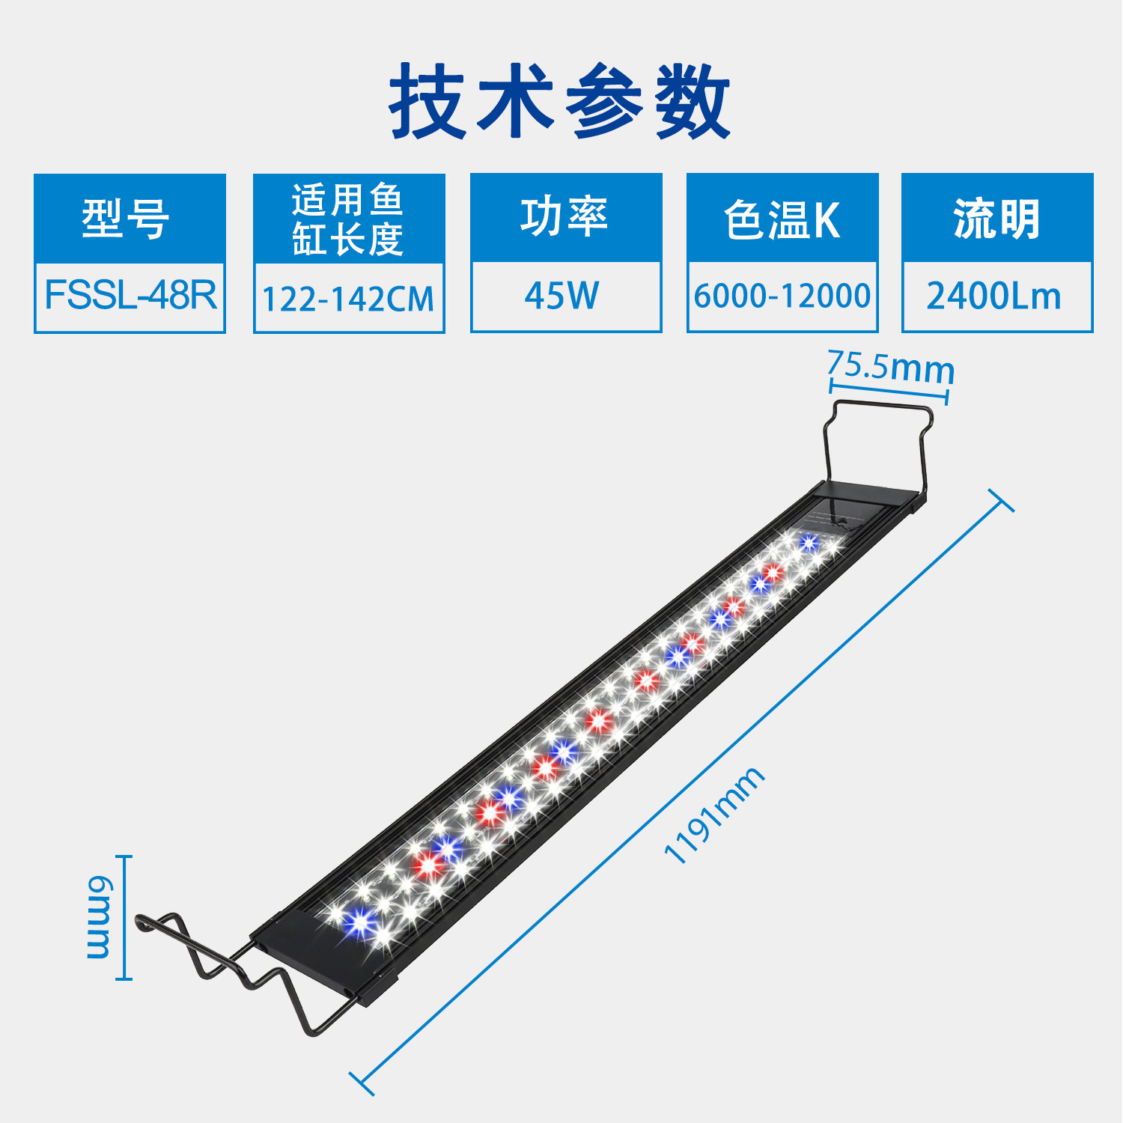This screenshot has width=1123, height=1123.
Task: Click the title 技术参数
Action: point(560,101)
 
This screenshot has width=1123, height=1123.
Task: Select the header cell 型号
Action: point(129,219)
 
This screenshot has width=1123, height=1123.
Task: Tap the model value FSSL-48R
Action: point(130,295)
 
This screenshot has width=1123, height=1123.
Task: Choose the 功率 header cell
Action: point(565,217)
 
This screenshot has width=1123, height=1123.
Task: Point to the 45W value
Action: point(562,296)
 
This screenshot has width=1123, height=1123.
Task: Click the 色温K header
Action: point(782,220)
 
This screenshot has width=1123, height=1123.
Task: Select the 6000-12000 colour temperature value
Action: point(782,296)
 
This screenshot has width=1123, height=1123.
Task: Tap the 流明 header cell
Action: point(996,219)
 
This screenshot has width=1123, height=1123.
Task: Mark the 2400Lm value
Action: point(994,296)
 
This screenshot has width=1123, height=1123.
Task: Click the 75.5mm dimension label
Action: point(891,367)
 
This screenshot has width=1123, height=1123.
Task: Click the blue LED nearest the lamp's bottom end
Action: point(361,920)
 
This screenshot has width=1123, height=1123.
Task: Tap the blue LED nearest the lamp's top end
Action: point(808,542)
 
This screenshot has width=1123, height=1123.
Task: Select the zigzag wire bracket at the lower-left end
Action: point(225,966)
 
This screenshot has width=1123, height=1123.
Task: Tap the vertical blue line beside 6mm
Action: point(126,917)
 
